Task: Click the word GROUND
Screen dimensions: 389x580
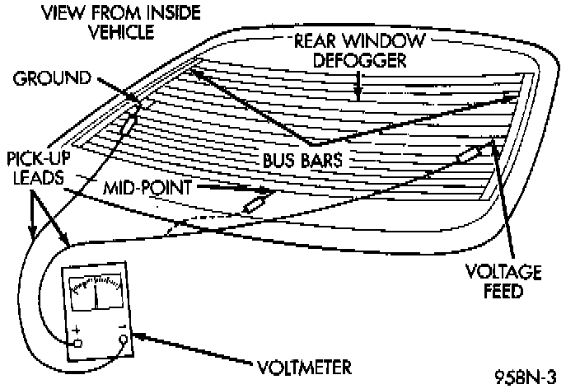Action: click(51, 79)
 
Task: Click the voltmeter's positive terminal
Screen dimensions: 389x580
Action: click(78, 343)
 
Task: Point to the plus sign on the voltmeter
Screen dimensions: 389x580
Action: click(77, 330)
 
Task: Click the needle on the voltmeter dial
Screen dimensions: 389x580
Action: click(96, 295)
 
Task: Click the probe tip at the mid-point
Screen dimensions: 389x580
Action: click(254, 202)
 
